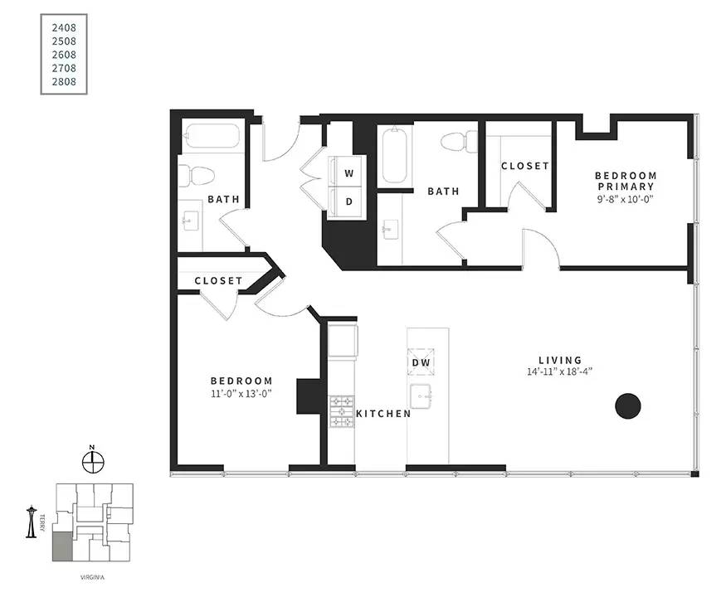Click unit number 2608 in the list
coord(64,55)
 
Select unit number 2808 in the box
coord(64,81)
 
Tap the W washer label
coord(349,173)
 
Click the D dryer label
coord(349,201)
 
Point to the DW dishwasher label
coord(421,362)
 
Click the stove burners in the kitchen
coord(341,411)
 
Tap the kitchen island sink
coord(421,396)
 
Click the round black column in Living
coord(627,405)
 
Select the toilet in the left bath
coord(197,176)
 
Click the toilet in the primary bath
coord(459,142)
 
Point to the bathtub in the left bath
coord(212,135)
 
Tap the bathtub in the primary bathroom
coord(394,154)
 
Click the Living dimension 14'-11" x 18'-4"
coord(560,371)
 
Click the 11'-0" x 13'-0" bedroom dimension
coord(241,394)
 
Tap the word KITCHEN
coord(383,414)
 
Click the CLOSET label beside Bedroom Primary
coord(525,166)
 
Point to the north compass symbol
coord(93,459)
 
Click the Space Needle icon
coord(31,522)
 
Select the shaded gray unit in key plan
coord(62,546)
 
